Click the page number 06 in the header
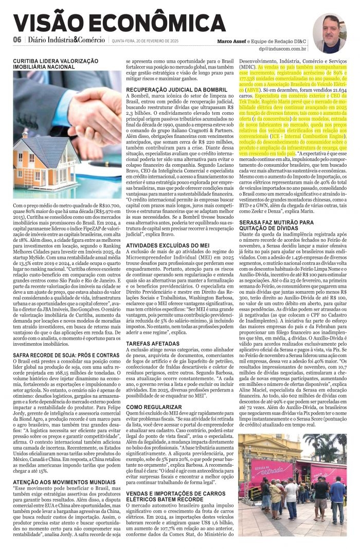(x=17, y=40)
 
